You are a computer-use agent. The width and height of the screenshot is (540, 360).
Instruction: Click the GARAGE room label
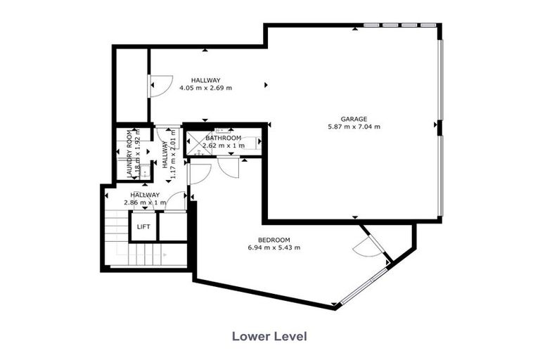click(x=353, y=119)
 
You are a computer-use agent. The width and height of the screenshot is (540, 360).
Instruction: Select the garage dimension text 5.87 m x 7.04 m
click(x=353, y=127)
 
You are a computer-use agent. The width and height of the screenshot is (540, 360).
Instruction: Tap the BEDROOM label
click(x=274, y=240)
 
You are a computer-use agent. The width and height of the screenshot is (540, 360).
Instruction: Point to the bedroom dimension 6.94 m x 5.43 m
click(x=274, y=248)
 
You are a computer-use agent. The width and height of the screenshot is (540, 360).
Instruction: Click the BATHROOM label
click(x=224, y=138)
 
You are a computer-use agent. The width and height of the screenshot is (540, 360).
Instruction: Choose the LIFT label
click(x=143, y=226)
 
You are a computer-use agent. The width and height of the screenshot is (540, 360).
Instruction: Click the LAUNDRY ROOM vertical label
click(x=130, y=155)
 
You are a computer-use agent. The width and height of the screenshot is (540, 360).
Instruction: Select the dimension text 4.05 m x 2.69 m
click(x=205, y=89)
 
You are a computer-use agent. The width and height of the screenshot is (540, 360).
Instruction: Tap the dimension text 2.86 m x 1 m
click(x=145, y=203)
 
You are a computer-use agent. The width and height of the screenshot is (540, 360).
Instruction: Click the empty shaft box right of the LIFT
click(x=172, y=226)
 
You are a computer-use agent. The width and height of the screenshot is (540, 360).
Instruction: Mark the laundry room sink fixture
click(x=145, y=171)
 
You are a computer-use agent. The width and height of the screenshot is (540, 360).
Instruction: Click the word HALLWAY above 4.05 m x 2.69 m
click(x=205, y=80)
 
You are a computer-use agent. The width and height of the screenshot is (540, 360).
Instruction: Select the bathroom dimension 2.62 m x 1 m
click(x=224, y=146)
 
